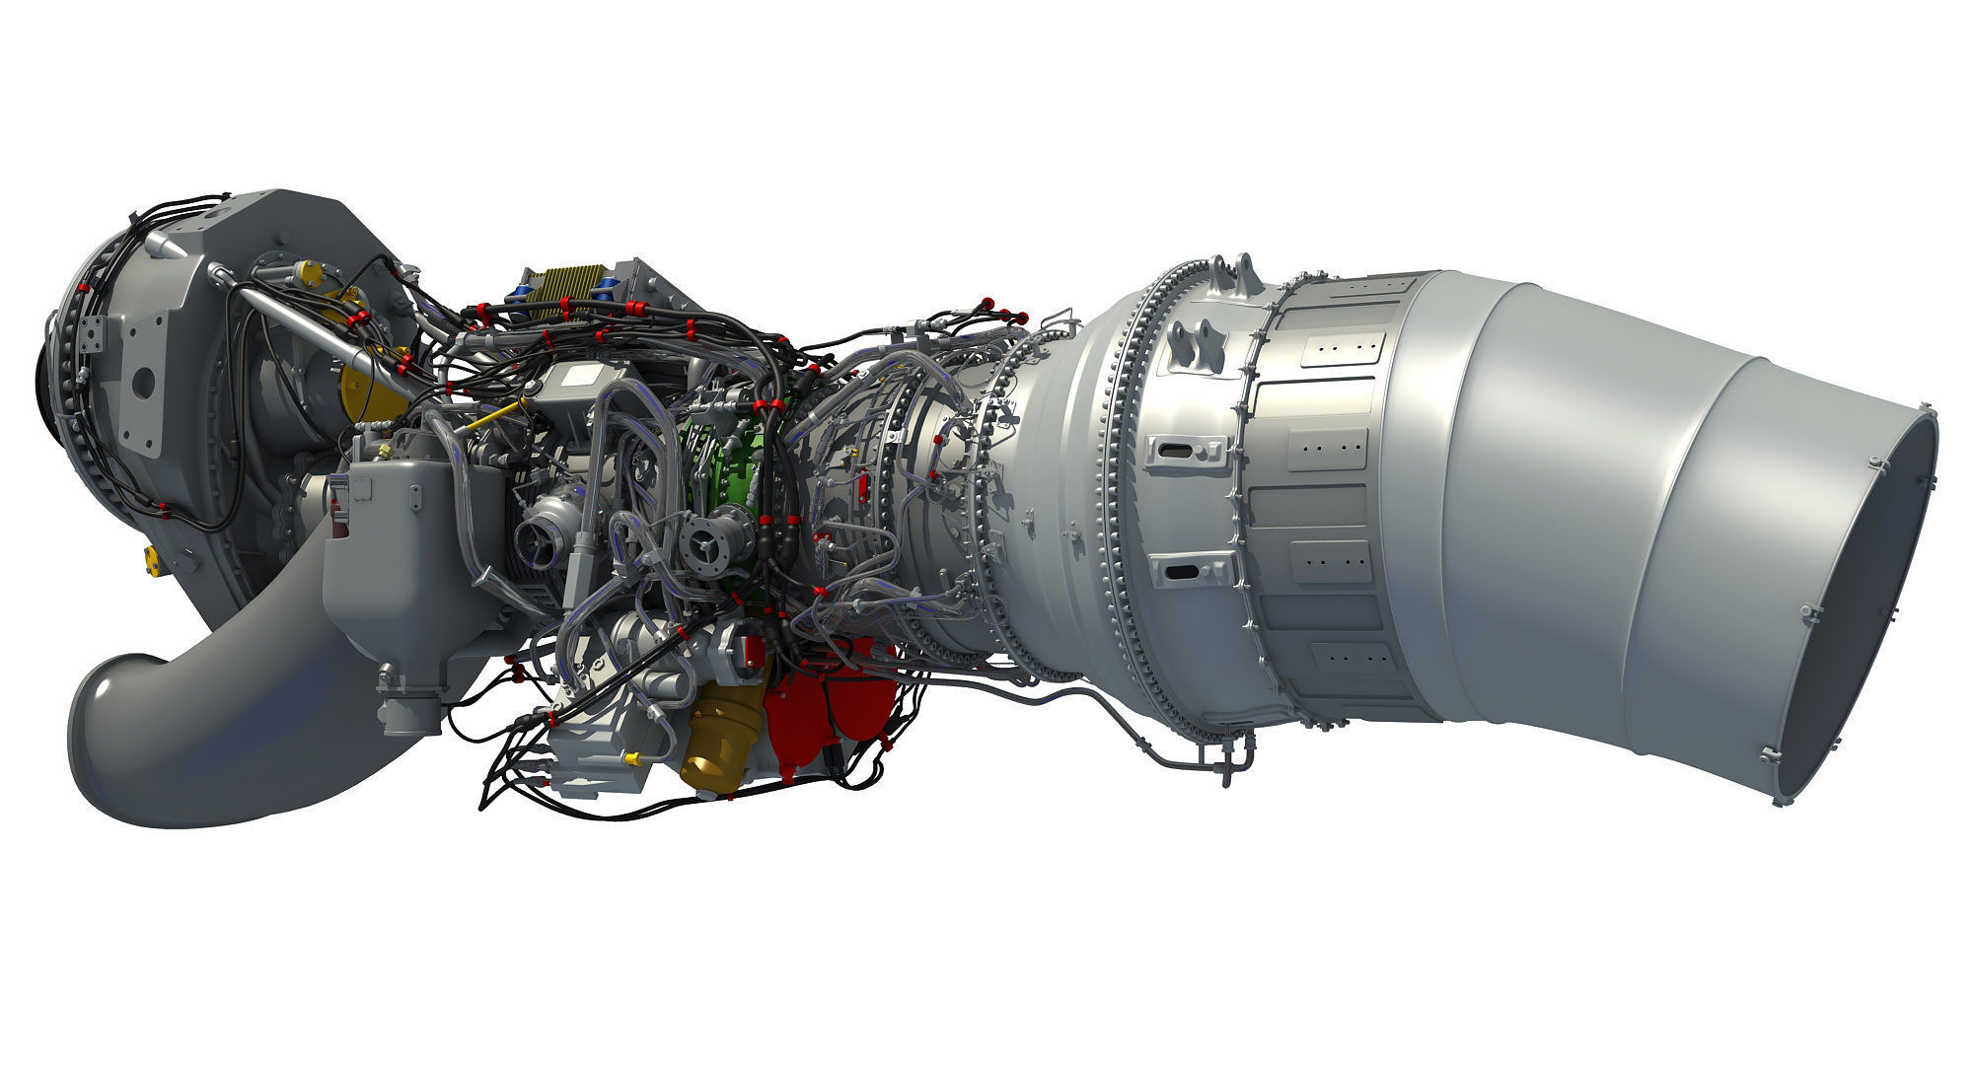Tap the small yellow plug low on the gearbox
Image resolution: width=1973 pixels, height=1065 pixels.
pyautogui.click(x=154, y=559)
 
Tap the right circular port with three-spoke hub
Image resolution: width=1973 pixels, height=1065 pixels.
pyautogui.click(x=706, y=540)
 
